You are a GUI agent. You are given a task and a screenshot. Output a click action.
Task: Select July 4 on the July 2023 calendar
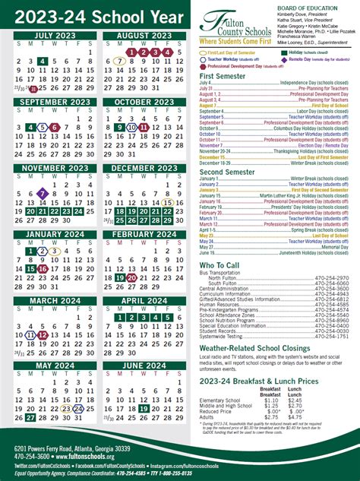tap(43, 61)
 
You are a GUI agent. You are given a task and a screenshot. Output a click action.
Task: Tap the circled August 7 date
tap(118, 61)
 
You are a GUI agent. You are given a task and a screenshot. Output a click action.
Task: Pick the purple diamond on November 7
tap(43, 194)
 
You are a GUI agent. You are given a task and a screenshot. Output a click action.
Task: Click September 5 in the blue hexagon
tap(43, 127)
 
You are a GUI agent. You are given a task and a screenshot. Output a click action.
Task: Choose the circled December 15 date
tap(167, 203)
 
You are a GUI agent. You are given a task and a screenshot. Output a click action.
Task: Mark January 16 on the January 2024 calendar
tap(43, 269)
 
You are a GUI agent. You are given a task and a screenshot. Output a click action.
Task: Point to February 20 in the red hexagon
tap(131, 278)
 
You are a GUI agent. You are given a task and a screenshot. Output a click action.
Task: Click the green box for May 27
tap(30, 416)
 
